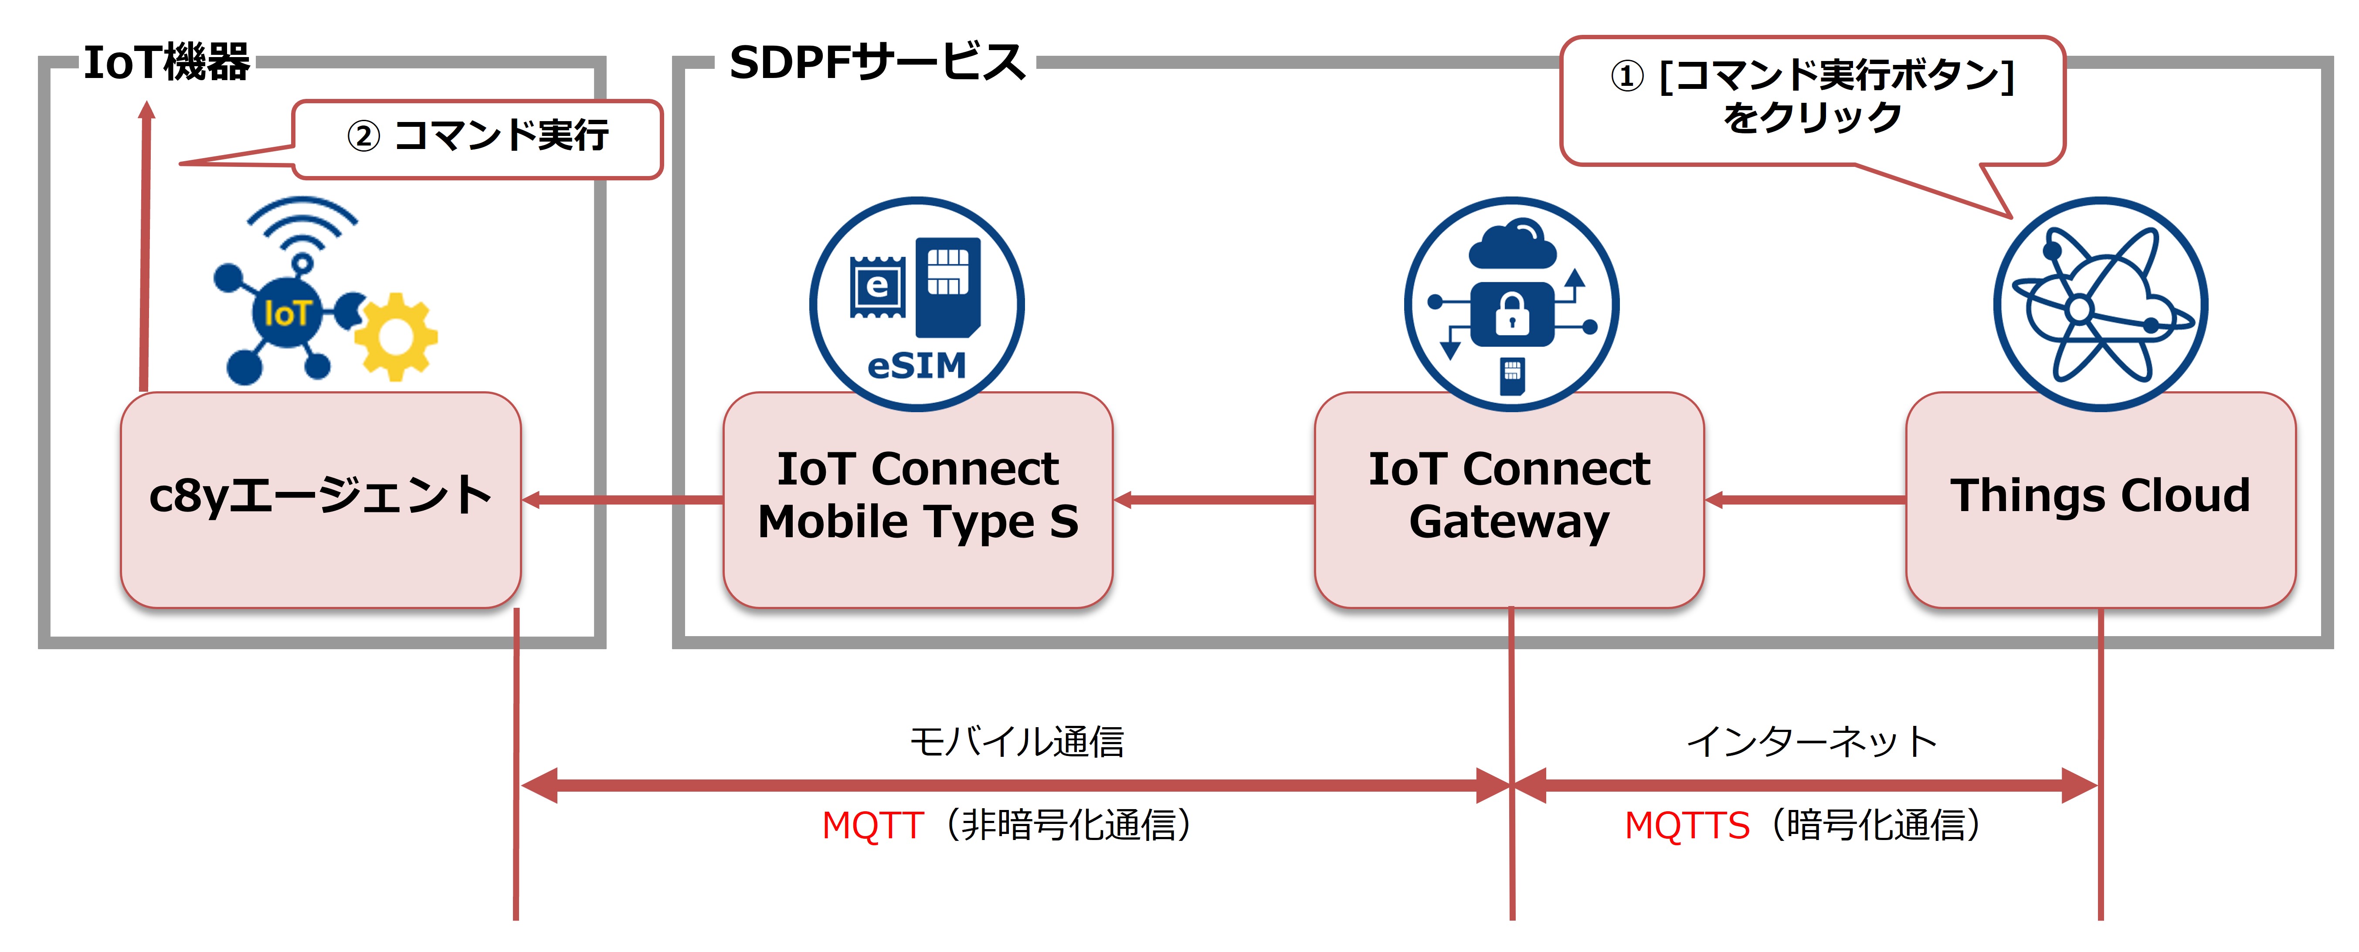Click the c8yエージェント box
(320, 499)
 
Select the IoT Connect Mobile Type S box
(918, 499)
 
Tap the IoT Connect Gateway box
(1509, 499)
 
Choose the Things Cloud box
(2101, 499)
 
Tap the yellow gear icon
(396, 337)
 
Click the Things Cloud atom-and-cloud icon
(2100, 304)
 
